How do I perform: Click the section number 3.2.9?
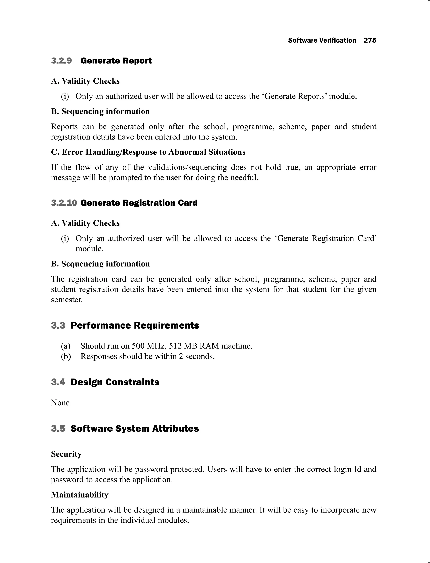click(x=62, y=61)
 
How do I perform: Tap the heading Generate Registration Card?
click(x=139, y=203)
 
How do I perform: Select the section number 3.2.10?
click(x=64, y=203)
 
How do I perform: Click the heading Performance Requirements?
click(x=135, y=326)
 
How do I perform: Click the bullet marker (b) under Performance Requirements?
click(x=66, y=356)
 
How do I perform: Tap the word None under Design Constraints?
click(x=60, y=403)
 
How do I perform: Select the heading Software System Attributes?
click(x=135, y=429)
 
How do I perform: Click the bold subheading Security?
click(x=66, y=454)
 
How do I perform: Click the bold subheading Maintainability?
click(x=80, y=495)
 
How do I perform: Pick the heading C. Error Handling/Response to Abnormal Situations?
click(x=148, y=152)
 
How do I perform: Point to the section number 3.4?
click(x=58, y=382)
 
